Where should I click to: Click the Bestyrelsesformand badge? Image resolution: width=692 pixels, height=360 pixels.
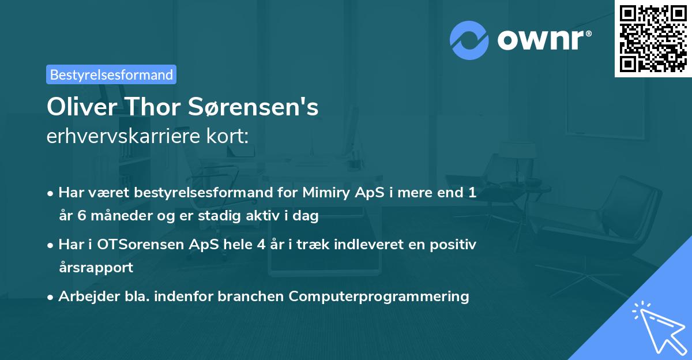(111, 74)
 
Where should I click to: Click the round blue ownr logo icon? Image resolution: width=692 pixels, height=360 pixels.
(469, 40)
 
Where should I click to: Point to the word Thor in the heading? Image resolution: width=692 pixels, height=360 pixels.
(151, 107)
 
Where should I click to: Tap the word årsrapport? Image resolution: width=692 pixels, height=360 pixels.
(96, 267)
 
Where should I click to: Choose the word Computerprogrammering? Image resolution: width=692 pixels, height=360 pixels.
(379, 296)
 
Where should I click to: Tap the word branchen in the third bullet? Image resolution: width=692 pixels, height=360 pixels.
(255, 296)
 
